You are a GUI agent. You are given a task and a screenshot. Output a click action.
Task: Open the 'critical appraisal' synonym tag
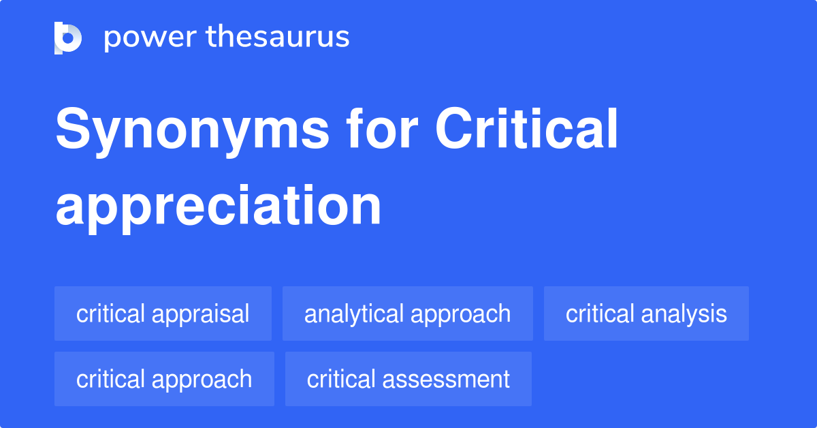[163, 314]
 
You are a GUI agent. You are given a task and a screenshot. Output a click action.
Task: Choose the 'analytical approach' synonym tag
[407, 314]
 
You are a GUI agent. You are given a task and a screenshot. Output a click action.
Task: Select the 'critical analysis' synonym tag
[646, 314]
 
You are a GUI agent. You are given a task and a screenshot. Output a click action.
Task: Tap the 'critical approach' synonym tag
[164, 379]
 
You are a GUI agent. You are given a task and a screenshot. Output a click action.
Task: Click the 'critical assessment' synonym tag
[408, 379]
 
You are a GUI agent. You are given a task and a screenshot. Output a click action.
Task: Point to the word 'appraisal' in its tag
[201, 314]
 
